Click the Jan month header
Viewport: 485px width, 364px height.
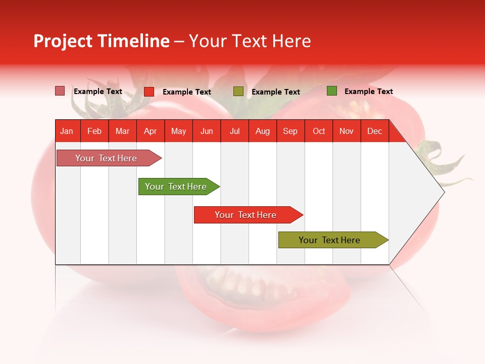coord(67,131)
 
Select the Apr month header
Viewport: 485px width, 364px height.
coord(151,131)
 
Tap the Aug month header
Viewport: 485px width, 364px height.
coord(263,131)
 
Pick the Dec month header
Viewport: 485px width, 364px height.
coord(374,131)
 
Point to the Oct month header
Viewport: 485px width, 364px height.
coord(319,131)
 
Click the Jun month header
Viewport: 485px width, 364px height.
coord(207,131)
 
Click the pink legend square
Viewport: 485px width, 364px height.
coord(60,91)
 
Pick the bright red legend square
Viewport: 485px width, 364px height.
coord(149,92)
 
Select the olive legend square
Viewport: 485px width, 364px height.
coord(238,92)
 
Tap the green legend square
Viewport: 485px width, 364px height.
coord(332,91)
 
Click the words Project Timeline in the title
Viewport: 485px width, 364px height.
coord(102,41)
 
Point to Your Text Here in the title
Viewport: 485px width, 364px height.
coord(250,41)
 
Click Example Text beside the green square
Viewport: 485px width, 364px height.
coord(368,92)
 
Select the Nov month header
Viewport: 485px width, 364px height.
coord(347,131)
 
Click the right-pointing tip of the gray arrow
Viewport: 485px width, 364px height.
coord(443,192)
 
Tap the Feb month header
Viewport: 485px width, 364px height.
coord(94,131)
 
